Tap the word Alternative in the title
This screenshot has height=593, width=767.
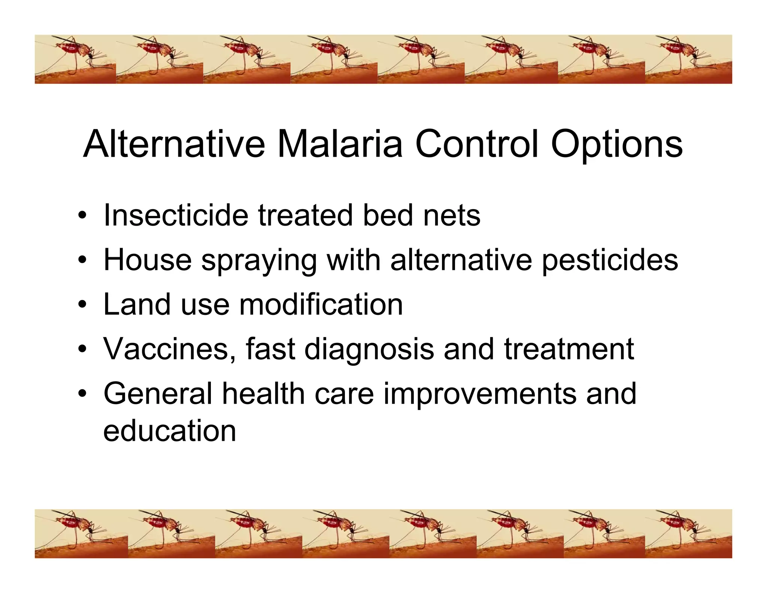pyautogui.click(x=174, y=144)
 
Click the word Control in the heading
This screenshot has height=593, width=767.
pyautogui.click(x=477, y=144)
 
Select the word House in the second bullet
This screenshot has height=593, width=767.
pyautogui.click(x=147, y=260)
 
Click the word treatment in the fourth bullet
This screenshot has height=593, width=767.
pyautogui.click(x=569, y=349)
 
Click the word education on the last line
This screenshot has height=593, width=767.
pyautogui.click(x=170, y=431)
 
